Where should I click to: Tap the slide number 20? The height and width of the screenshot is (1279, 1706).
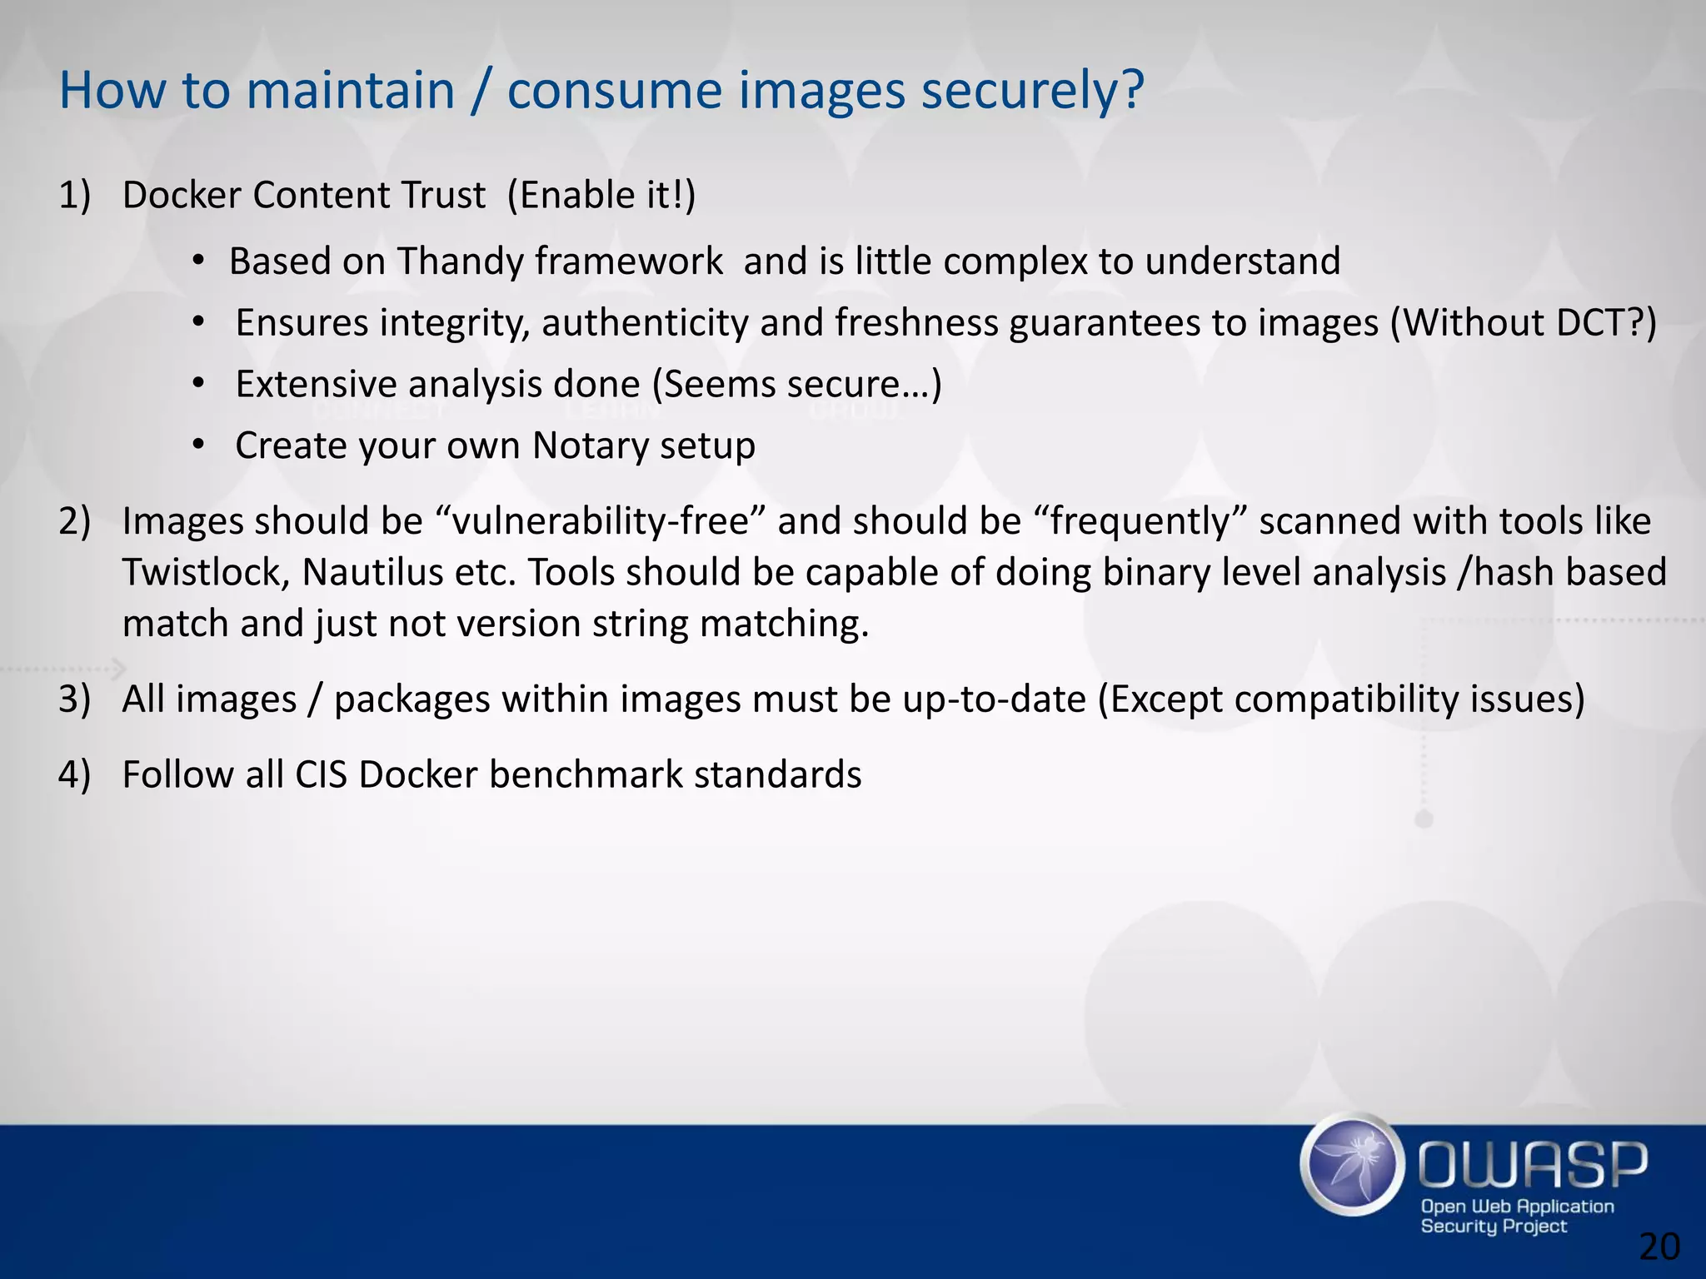point(1659,1247)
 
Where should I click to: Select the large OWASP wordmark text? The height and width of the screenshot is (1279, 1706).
point(1532,1165)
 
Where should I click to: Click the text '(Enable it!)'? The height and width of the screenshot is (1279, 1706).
point(601,196)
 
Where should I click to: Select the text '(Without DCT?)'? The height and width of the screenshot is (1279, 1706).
point(1524,323)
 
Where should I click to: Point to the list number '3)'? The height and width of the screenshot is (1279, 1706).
point(74,699)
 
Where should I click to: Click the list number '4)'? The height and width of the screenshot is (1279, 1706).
point(74,774)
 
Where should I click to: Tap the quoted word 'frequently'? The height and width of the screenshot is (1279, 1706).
point(1140,521)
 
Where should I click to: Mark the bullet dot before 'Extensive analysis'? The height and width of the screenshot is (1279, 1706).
point(197,384)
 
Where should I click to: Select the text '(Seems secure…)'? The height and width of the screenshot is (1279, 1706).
point(796,385)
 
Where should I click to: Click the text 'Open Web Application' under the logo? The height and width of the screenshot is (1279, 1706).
point(1517,1207)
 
